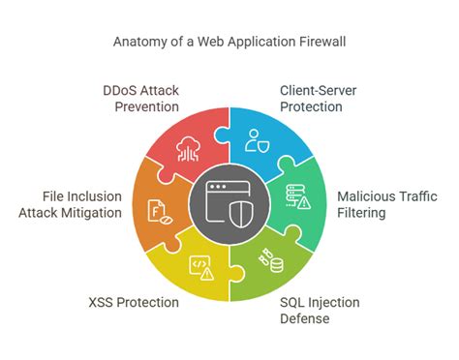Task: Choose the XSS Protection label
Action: coord(132,302)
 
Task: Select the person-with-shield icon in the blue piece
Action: coord(257,141)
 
